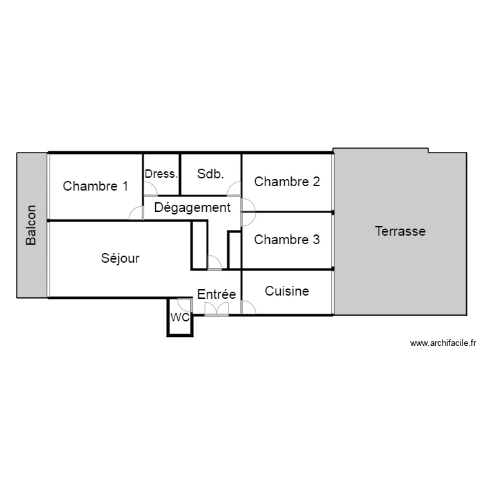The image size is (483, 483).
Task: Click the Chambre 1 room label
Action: (x=95, y=186)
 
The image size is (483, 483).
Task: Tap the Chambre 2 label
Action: (x=287, y=182)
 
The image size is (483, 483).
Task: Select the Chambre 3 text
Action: (x=287, y=240)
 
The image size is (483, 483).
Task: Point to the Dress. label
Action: (x=161, y=174)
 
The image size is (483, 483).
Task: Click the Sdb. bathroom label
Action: (x=211, y=174)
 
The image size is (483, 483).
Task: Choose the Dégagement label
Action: (x=192, y=207)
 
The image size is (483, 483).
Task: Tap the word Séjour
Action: (x=120, y=258)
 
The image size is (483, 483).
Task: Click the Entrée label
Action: (x=216, y=294)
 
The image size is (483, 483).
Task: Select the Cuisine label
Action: (x=287, y=291)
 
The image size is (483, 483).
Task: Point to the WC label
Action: (x=180, y=317)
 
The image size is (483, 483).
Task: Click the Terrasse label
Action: (x=400, y=231)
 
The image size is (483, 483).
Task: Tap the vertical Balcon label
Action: (x=31, y=225)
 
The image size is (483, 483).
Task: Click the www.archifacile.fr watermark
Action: (x=443, y=343)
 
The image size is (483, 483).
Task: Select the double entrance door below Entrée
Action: (x=216, y=309)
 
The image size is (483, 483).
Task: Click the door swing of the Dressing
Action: (x=151, y=189)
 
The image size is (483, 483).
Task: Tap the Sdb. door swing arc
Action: (x=234, y=189)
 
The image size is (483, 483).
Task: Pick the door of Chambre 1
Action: (x=136, y=213)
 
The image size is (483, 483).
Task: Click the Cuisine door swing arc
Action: (x=249, y=307)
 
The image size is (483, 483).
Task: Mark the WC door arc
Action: (x=185, y=305)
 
